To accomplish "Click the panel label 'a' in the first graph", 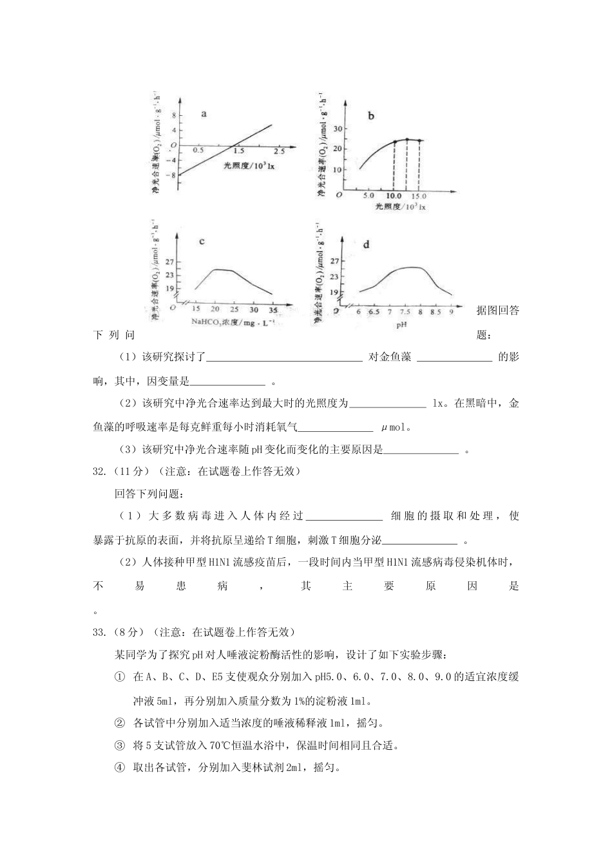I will [x=204, y=114].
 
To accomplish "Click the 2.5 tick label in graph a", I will [x=279, y=151].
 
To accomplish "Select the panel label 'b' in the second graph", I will [x=371, y=116].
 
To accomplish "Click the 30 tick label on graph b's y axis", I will [x=336, y=129].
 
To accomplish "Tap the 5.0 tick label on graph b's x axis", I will [x=368, y=195].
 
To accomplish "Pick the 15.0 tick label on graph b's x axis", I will [x=419, y=195].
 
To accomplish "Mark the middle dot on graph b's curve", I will [x=406, y=140].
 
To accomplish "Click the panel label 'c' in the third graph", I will [x=202, y=241].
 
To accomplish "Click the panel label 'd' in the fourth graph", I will [x=366, y=244].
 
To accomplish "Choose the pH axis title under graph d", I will [x=402, y=324].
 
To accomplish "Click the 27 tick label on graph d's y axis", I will [x=334, y=261].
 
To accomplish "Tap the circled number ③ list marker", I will [x=119, y=745].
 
